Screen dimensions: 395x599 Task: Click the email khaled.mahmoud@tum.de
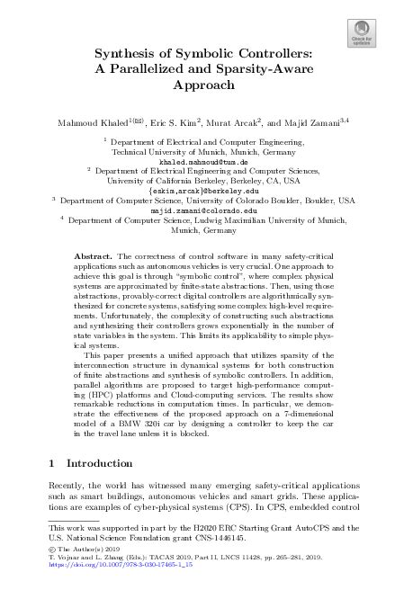197,162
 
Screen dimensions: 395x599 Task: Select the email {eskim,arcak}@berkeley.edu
197,191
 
